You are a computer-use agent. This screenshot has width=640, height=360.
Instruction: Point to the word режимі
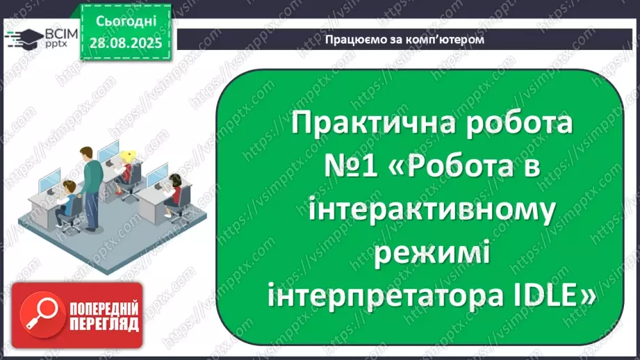point(432,253)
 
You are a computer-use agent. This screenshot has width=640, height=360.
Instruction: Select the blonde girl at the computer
point(126,167)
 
